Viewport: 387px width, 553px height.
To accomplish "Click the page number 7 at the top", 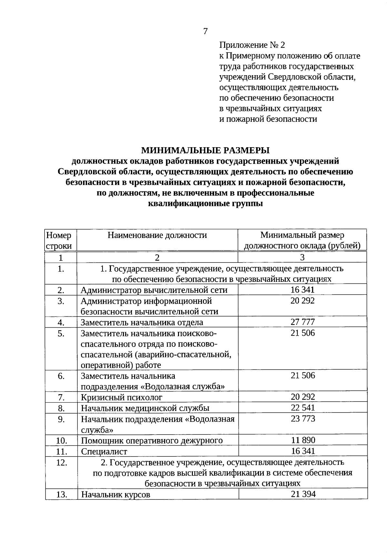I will pos(205,31).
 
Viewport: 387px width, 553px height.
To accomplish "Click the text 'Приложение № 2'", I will pos(252,45).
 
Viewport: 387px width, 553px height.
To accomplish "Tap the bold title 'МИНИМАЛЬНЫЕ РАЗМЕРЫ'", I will pos(205,150).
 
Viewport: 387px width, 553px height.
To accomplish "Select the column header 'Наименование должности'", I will pos(157,235).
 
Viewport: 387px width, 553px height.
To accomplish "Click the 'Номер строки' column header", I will pos(59,241).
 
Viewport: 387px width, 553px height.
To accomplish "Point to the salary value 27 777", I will pos(303,322).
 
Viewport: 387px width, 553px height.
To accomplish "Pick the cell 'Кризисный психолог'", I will pos(122,397).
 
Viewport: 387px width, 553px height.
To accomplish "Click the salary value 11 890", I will pos(303,440).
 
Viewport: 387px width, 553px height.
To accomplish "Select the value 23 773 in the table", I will pos(303,419).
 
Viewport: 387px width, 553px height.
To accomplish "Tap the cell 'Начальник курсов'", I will pos(115,494).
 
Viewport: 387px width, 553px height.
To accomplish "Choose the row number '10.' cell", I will pos(61,441).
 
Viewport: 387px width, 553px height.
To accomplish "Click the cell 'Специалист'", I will pos(104,451).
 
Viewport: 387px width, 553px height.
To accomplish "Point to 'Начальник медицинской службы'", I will pos(145,408).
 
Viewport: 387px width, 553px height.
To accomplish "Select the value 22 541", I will pos(303,407).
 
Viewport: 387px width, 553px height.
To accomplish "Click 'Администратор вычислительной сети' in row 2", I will pos(154,290).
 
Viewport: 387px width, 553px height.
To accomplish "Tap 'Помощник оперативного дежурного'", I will pos(152,440).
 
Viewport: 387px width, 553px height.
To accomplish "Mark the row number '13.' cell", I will pos(61,494).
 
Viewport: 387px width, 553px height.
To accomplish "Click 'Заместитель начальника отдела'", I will pos(142,322).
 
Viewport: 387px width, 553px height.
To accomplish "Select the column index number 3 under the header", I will pos(302,257).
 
